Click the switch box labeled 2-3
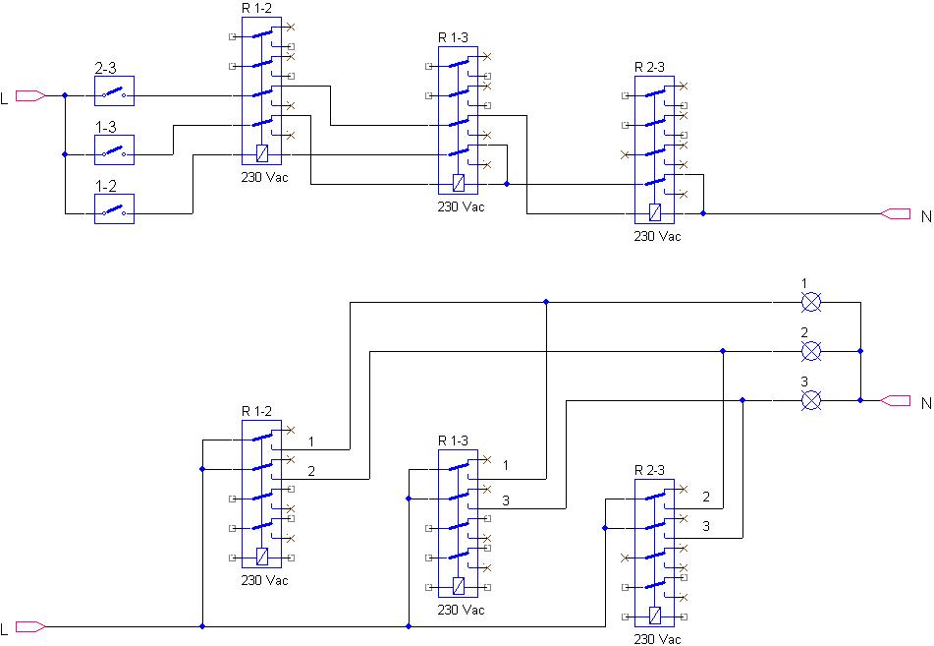click(114, 90)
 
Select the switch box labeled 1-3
click(114, 149)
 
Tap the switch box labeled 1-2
click(114, 208)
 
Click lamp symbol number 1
click(810, 303)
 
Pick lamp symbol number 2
click(810, 351)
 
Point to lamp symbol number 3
click(810, 400)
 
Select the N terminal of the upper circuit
click(896, 213)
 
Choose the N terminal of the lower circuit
click(896, 400)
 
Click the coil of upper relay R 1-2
click(261, 154)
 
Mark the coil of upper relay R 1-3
click(458, 183)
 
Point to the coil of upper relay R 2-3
click(655, 212)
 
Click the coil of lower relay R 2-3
click(655, 616)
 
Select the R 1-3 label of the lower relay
click(454, 440)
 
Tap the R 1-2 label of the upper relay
click(256, 8)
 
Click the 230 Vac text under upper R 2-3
click(658, 236)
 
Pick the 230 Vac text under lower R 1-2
click(264, 580)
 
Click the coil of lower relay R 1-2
click(261, 558)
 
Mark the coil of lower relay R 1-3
click(458, 586)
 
